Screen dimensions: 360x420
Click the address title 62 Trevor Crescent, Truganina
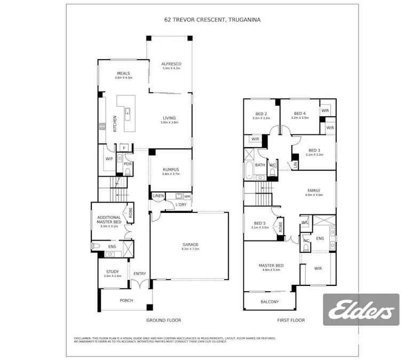tap(212, 19)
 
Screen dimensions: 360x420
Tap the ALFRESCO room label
tap(171, 64)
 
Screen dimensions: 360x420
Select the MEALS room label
tap(123, 74)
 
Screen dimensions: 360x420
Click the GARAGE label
tap(190, 245)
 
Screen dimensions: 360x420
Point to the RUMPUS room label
tap(171, 170)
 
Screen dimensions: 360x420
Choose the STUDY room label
tap(112, 272)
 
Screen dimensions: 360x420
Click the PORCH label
tap(126, 300)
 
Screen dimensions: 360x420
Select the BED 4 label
tap(300, 114)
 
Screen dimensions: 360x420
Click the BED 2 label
tap(261, 114)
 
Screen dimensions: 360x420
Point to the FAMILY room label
tap(314, 190)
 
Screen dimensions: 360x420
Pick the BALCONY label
tap(270, 302)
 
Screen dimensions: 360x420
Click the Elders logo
tap(361, 310)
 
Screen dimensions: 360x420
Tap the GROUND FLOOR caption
tap(164, 321)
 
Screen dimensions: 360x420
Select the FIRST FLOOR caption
tap(291, 321)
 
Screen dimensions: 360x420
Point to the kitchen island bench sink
tap(128, 112)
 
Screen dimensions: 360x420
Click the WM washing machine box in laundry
tap(187, 196)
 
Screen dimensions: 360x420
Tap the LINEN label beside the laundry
tap(158, 196)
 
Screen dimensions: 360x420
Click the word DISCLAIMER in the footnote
tap(83, 338)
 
